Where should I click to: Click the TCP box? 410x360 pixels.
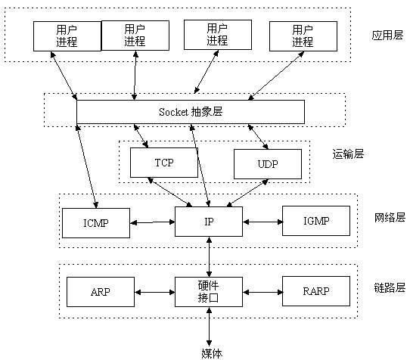[x=164, y=162]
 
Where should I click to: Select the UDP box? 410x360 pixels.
[x=267, y=163]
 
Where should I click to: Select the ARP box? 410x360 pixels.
[x=101, y=291]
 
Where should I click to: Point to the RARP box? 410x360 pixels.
[x=316, y=291]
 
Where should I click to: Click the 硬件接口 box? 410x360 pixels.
[x=208, y=291]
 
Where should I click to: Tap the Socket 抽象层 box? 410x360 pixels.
[x=191, y=111]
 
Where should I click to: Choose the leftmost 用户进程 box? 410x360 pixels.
[x=67, y=35]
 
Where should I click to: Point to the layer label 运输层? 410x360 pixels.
[x=348, y=154]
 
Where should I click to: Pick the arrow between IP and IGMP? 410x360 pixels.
[x=262, y=222]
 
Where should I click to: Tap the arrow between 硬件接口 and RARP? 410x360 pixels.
[x=262, y=292]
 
